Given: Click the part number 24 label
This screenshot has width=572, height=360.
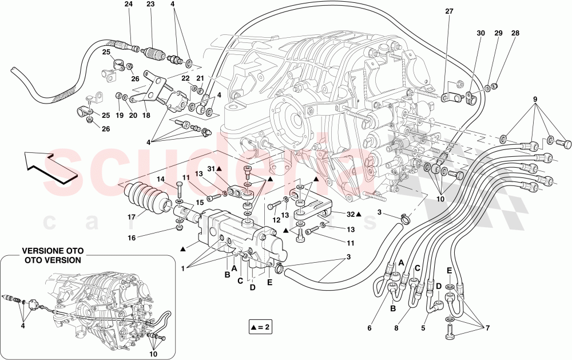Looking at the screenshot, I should click(129, 5).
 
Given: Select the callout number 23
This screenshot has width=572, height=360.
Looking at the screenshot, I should click(150, 5).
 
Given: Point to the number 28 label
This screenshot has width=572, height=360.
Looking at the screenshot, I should click(516, 34).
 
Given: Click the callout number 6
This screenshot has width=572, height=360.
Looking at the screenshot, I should click(370, 328).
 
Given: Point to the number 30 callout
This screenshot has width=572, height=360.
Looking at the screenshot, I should click(480, 34).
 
